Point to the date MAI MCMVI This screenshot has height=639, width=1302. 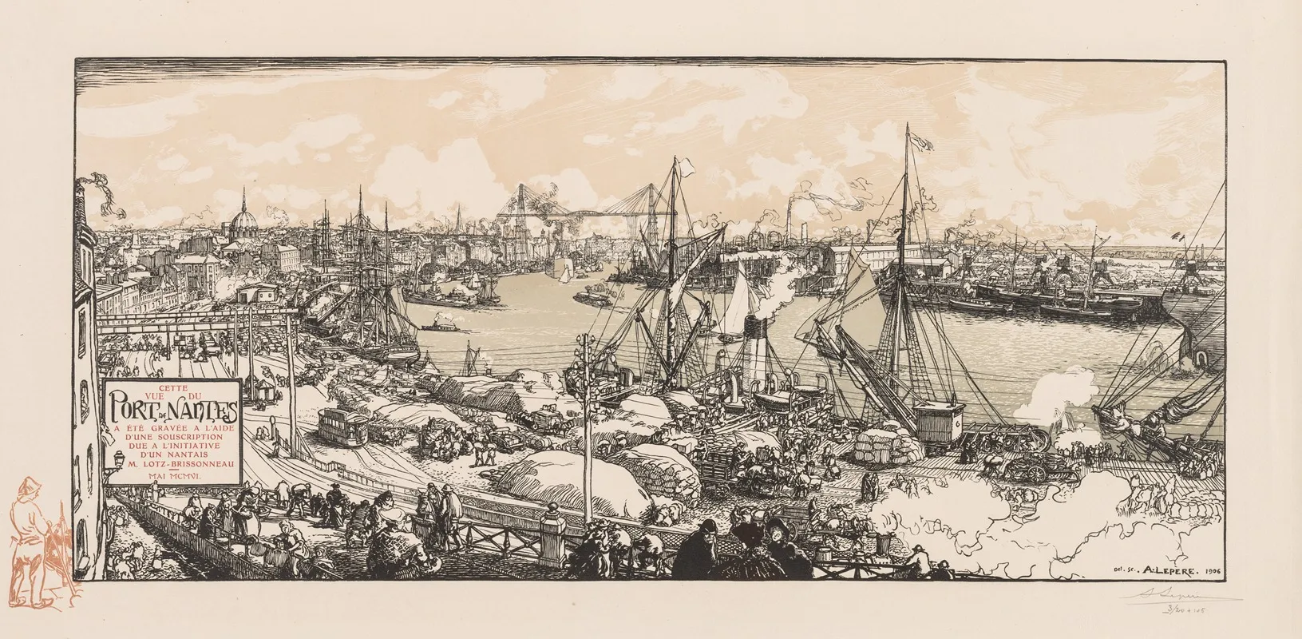pyautogui.click(x=170, y=475)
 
